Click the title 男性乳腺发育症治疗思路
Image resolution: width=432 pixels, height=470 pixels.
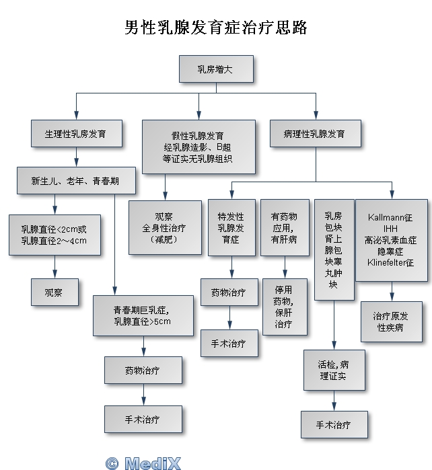[x=215, y=28]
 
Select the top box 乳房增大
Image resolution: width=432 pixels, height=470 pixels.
[x=215, y=69]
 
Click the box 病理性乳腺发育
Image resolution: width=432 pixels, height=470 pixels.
[x=315, y=134]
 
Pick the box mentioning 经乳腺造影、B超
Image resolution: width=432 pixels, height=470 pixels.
[x=198, y=147]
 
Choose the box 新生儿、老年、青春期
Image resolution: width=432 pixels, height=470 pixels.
[x=76, y=180]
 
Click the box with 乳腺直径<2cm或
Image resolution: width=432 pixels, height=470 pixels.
[x=54, y=234]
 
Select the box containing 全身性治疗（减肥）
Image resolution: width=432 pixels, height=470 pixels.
[x=164, y=228]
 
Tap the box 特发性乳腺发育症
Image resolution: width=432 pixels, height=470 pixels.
[x=231, y=228]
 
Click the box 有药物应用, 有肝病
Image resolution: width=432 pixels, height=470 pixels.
[x=283, y=228]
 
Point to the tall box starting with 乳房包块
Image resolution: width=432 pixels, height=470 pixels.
[x=333, y=249]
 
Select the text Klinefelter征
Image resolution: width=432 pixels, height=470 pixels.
[x=390, y=262]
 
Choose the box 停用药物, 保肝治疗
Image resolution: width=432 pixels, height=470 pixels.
[x=283, y=307]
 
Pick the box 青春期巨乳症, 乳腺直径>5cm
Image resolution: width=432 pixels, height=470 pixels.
[x=142, y=315]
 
